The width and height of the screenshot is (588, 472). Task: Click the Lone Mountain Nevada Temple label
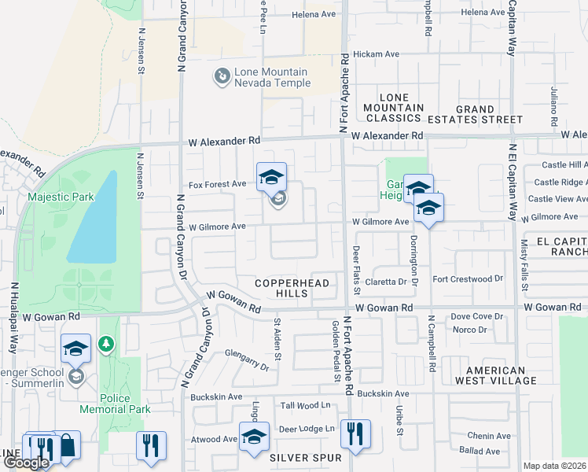pyautogui.click(x=272, y=77)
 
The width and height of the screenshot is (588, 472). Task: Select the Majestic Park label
pyautogui.click(x=61, y=197)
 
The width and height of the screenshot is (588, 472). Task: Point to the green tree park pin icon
pyautogui.click(x=107, y=344)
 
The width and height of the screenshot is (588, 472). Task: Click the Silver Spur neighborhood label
pyautogui.click(x=306, y=457)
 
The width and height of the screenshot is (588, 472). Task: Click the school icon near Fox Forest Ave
pyautogui.click(x=271, y=177)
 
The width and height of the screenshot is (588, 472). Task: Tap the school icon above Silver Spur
pyautogui.click(x=253, y=437)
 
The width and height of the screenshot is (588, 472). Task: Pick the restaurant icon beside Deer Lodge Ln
pyautogui.click(x=355, y=433)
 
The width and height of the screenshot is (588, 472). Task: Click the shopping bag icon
pyautogui.click(x=68, y=445)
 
